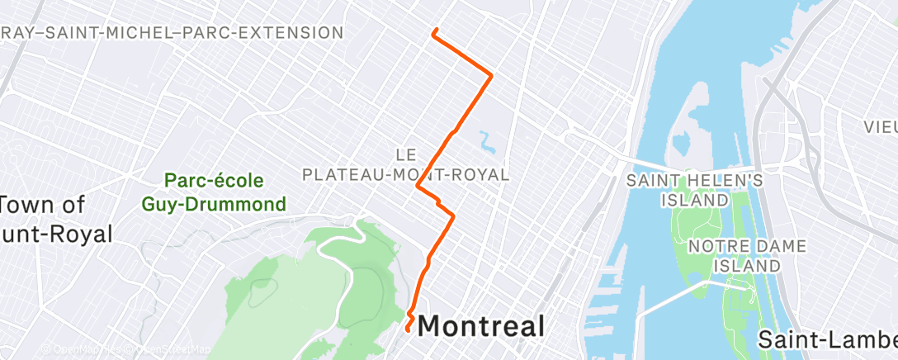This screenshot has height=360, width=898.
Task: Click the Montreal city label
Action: tap(481, 325)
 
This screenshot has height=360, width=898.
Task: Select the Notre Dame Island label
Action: tap(735, 255)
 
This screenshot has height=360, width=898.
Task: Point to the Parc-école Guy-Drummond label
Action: tap(225, 192)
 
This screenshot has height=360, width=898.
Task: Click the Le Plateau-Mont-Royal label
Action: tap(405, 164)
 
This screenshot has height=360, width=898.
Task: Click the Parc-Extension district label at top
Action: tap(172, 33)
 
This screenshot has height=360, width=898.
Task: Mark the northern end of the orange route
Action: tap(434, 31)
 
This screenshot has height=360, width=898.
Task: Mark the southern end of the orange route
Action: tap(407, 329)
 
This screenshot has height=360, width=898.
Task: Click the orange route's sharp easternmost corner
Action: tap(491, 76)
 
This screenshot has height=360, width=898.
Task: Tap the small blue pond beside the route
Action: tap(486, 142)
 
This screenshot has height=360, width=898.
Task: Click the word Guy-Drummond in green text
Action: tap(225, 203)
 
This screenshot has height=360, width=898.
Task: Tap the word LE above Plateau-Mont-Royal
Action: tap(404, 154)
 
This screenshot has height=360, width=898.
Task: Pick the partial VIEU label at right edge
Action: tap(880, 127)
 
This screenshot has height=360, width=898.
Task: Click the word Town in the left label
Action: tap(31, 204)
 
